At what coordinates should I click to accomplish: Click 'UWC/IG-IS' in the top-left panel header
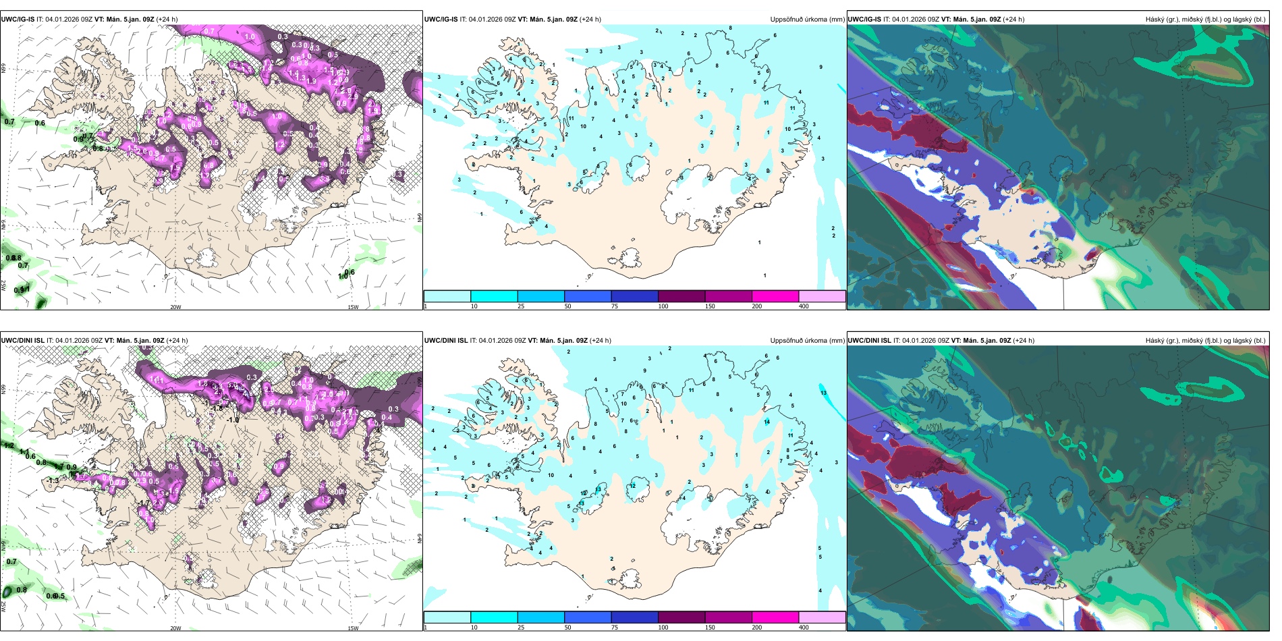coord(18,20)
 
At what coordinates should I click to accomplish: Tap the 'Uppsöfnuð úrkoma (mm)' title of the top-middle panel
coord(807,20)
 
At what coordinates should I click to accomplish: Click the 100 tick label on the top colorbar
coord(663,307)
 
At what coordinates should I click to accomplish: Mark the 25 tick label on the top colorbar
coord(521,307)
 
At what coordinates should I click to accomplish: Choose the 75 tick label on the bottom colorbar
coord(615,628)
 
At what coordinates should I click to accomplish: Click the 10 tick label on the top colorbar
coord(474,307)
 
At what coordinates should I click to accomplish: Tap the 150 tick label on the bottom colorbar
coord(710,628)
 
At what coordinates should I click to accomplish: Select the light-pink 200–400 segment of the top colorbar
coord(822,296)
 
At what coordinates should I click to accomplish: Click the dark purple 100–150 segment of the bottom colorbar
coord(681,617)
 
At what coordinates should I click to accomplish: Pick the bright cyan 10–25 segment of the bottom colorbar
coord(494,617)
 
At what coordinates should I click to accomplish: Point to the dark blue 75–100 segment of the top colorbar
coord(634,296)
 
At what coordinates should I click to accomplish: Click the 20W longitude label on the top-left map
coord(175,307)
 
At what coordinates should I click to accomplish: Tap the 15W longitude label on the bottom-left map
coord(352,628)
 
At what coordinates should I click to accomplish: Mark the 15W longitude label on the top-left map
coord(352,307)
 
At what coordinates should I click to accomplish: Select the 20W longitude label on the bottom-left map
coord(175,628)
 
